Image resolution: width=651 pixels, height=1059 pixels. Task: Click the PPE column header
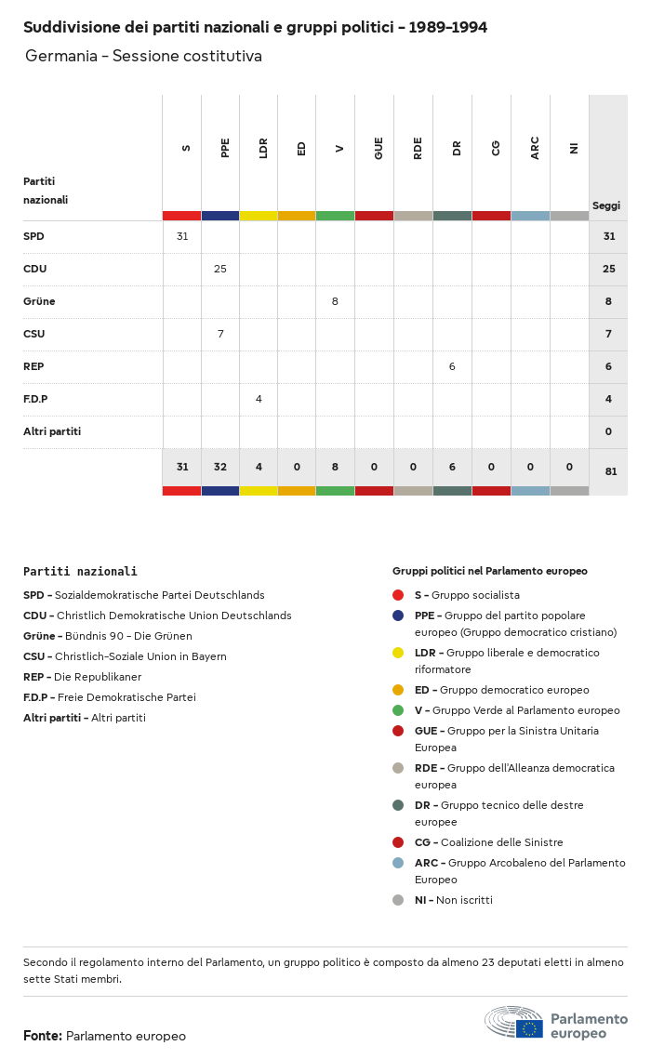[225, 148]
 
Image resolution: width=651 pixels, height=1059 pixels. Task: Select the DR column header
[457, 148]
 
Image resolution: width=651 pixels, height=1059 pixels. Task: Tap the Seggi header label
[606, 205]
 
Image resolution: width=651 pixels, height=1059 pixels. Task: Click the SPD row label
[33, 236]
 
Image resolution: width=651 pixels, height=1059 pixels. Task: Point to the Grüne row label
[39, 301]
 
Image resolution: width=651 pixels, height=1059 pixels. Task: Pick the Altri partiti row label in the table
[52, 431]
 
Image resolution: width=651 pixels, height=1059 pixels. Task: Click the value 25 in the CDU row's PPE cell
[220, 269]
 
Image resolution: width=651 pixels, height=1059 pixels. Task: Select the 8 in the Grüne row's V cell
[335, 301]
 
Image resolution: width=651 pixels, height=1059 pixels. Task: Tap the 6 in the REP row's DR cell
[452, 366]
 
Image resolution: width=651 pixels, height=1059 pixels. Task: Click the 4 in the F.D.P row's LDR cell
[259, 399]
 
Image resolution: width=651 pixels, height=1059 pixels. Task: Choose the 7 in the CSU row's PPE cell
[220, 334]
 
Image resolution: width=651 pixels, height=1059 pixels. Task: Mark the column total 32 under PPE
[220, 467]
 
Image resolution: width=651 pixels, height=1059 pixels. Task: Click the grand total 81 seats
[610, 471]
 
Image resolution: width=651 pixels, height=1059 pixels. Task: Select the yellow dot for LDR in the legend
[398, 653]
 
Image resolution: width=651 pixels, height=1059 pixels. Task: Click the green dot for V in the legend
[398, 710]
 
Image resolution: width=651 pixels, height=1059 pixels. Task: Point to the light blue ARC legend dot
[398, 863]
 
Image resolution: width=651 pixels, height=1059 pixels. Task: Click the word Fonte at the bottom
[43, 1036]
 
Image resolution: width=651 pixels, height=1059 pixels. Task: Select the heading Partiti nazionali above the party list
[80, 572]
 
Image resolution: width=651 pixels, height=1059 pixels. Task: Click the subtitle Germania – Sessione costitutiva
[143, 57]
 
